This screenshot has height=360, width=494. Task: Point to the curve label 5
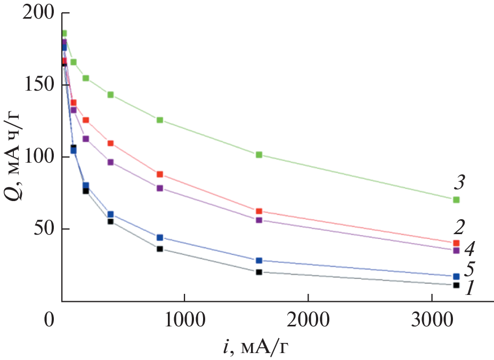point(470,268)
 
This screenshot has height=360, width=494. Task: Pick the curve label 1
point(470,289)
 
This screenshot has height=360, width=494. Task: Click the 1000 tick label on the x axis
point(184,320)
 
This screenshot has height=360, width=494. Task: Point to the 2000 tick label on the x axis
point(307,320)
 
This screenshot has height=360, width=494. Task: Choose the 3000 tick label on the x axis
point(432,320)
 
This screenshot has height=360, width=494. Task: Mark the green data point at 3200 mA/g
point(456,199)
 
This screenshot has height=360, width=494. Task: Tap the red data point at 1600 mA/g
point(259,211)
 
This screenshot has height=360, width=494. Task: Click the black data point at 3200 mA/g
point(456,285)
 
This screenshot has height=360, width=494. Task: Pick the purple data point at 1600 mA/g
point(259,220)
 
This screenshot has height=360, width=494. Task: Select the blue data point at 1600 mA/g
point(259,260)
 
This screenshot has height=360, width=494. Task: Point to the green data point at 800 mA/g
point(160,120)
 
